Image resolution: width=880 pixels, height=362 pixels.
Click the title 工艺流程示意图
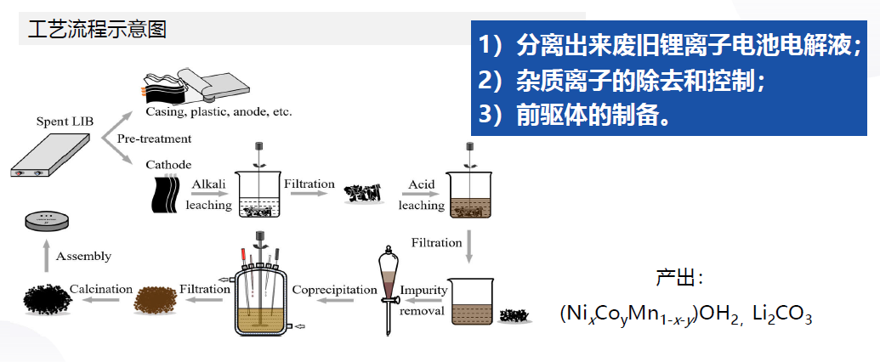pyautogui.click(x=97, y=29)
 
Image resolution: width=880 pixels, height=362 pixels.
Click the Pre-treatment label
pyautogui.click(x=154, y=139)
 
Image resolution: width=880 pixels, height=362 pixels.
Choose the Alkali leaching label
pyautogui.click(x=211, y=195)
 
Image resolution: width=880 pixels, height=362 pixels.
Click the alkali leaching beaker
pyautogui.click(x=260, y=195)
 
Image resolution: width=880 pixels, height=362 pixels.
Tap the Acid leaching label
pyautogui.click(x=422, y=195)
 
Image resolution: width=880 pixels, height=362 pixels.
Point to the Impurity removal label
pyautogui.click(x=423, y=299)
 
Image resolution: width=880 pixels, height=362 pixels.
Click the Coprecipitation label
pyautogui.click(x=334, y=290)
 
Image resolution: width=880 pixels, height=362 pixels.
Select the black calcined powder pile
pyautogui.click(x=48, y=299)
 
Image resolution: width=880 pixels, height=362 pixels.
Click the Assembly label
pyautogui.click(x=83, y=256)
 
